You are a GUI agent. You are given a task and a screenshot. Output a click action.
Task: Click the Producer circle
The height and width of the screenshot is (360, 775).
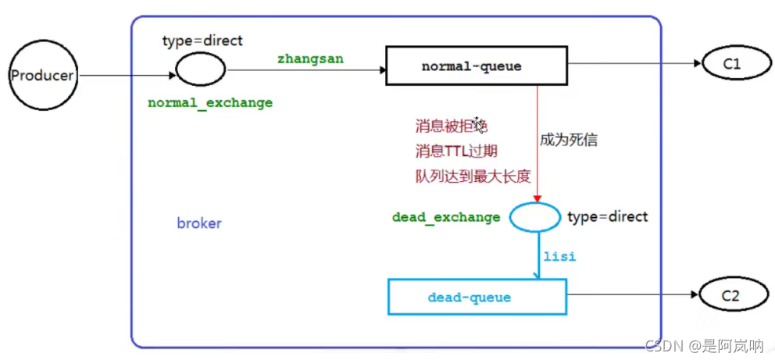point(41,76)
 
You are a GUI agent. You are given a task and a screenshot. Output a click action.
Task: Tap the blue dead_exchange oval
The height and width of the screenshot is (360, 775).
point(534,216)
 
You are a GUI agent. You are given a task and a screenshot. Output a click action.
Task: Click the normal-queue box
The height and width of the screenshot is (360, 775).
point(476,66)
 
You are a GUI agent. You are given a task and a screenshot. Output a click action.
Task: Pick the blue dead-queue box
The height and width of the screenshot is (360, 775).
point(476,297)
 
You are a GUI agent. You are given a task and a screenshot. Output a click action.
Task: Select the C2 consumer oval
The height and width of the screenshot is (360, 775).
point(730,296)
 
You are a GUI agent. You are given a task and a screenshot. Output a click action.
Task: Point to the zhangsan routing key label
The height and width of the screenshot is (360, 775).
point(310,59)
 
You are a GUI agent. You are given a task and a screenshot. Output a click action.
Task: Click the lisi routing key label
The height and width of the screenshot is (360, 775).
point(559,256)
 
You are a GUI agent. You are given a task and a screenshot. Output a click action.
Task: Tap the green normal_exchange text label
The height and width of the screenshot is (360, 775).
point(210,103)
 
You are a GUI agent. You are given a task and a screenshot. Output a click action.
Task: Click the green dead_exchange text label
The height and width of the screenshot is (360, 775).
point(446,217)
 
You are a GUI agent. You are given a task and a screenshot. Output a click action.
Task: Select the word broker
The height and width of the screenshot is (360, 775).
point(199,223)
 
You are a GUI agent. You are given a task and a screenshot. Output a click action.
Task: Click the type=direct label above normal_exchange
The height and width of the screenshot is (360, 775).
point(202,41)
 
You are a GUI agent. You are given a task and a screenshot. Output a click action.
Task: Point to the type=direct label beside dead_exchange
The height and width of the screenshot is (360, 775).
point(607,216)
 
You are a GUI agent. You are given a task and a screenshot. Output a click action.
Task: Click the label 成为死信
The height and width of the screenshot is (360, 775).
point(569,141)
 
